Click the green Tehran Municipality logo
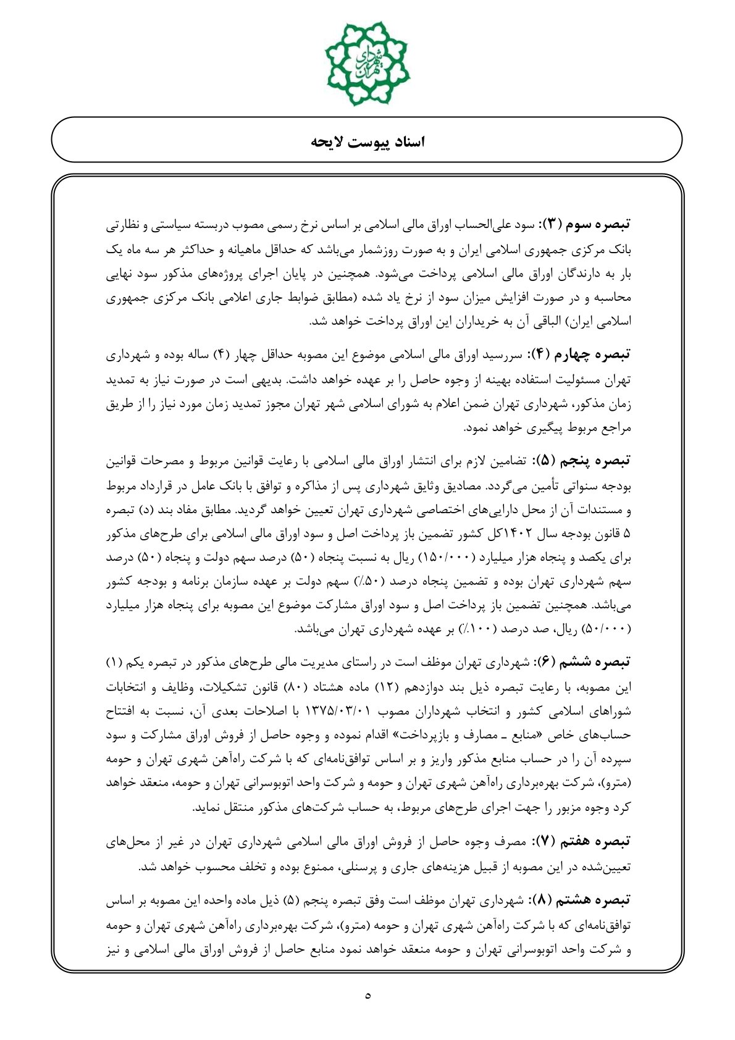[x=367, y=64]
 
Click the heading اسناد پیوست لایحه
[x=367, y=141]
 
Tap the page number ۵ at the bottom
[x=368, y=996]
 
